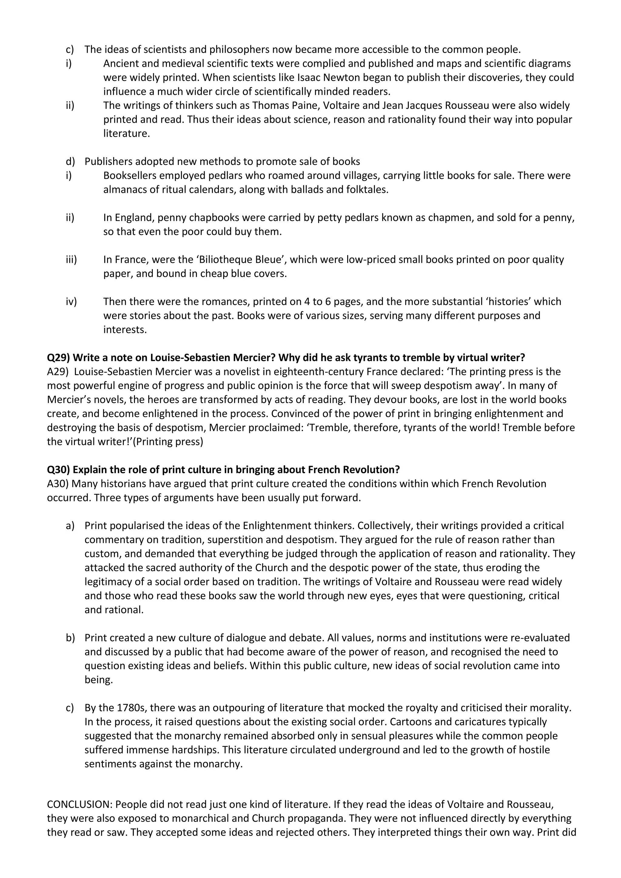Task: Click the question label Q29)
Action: pos(59,357)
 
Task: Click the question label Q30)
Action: pos(59,470)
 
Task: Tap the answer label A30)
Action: pos(58,484)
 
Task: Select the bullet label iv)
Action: pos(71,302)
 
